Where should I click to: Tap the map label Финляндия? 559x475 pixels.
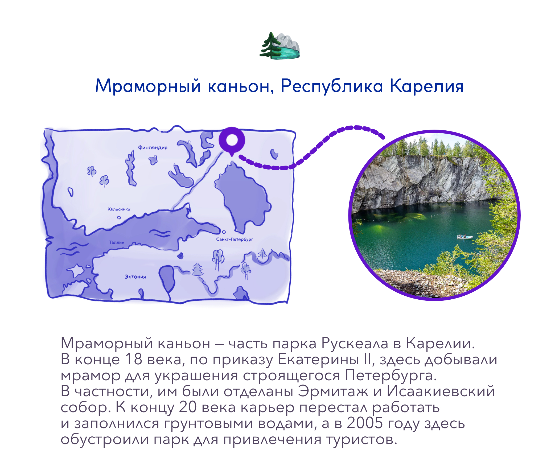[153, 148]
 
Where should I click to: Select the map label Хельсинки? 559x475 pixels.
[119, 209]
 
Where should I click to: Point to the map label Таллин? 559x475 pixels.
[117, 242]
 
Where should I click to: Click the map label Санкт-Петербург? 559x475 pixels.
[234, 239]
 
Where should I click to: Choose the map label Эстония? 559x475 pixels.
[135, 277]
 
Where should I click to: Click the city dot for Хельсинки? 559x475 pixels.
[119, 218]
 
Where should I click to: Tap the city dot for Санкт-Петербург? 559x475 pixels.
[224, 232]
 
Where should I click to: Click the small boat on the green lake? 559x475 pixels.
[465, 237]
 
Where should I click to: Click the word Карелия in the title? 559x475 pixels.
[427, 86]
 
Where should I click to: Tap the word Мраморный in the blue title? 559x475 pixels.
[148, 86]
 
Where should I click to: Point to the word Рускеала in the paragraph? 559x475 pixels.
[355, 344]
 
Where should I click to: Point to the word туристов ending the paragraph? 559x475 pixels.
[361, 440]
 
